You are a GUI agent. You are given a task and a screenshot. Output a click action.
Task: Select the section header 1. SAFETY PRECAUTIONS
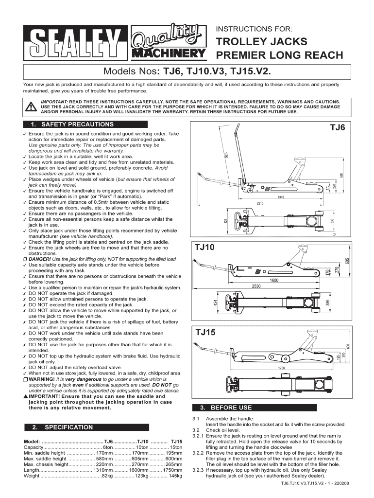coord(72,124)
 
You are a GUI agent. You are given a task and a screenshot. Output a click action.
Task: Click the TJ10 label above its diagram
coord(204,248)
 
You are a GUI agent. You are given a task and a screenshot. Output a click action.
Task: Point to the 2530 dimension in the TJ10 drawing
coord(257,286)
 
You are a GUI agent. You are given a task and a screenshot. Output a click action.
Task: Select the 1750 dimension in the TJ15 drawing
coord(282,369)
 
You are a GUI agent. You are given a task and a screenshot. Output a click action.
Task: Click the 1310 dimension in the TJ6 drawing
coord(280,197)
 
